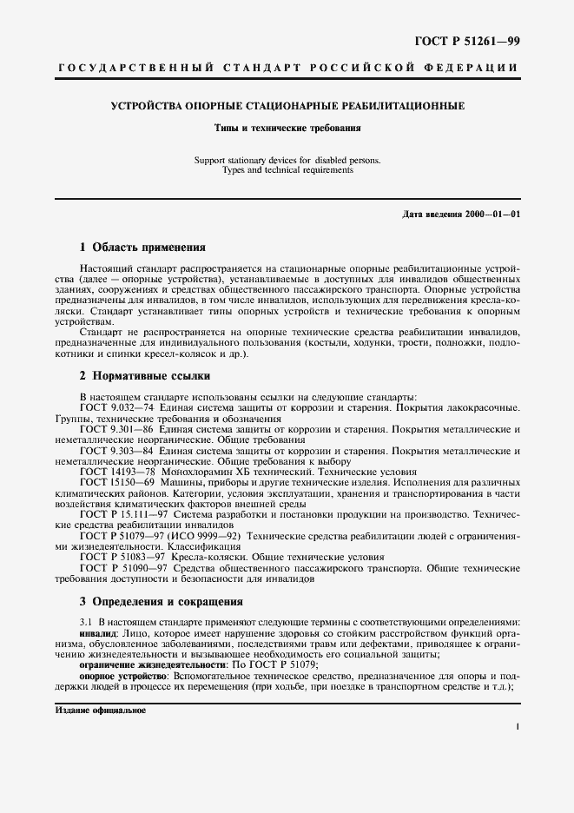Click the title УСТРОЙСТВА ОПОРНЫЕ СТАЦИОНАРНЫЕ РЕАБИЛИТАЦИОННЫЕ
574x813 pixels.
tap(287, 106)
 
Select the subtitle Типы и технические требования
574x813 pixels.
tap(287, 128)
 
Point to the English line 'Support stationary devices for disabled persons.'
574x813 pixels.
tap(287, 161)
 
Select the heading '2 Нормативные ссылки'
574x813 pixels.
tap(144, 376)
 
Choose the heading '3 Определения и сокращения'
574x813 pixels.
tap(161, 601)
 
